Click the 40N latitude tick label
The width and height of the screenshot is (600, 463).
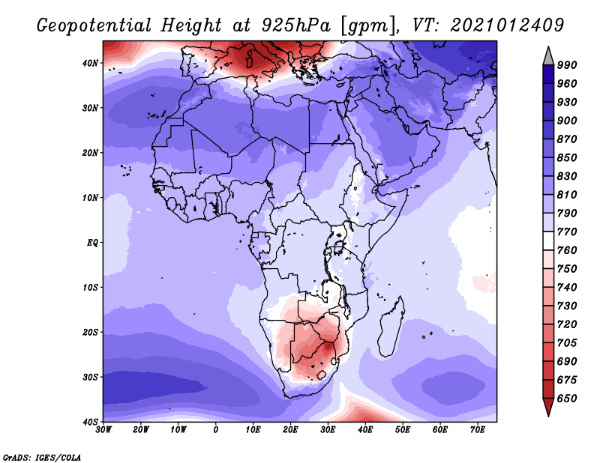point(90,63)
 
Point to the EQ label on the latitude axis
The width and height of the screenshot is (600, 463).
point(92,243)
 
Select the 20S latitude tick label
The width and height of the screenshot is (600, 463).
point(90,332)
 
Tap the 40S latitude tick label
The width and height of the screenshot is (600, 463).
point(90,422)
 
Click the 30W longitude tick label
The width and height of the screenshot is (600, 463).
point(103,430)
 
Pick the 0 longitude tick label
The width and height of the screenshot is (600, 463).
point(216,430)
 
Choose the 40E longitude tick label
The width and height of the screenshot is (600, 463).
point(365,430)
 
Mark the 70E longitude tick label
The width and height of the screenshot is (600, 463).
point(478,430)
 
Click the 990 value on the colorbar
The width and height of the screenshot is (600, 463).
point(567,65)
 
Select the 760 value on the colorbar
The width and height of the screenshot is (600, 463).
point(567,250)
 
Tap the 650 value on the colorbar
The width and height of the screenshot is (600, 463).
point(567,399)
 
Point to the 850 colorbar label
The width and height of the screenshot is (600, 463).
point(567,157)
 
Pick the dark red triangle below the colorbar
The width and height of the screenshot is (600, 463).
point(548,405)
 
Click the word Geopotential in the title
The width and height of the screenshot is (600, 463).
point(94,25)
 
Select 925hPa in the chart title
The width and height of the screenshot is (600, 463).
point(295,25)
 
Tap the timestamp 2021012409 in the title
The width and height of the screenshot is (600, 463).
point(507,25)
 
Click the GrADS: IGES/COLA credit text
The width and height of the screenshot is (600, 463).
point(42,457)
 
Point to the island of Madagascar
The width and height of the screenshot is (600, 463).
point(391,327)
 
